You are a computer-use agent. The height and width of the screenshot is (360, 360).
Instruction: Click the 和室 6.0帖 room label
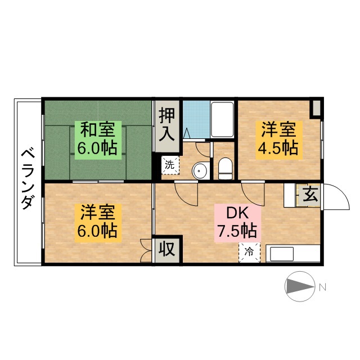98,140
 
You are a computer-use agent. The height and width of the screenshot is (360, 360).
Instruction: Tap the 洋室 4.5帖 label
279,140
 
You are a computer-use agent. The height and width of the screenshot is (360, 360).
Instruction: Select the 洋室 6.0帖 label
98,223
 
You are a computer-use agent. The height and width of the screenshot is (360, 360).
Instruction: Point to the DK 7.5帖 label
237,223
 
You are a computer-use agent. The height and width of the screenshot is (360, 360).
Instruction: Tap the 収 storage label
167,249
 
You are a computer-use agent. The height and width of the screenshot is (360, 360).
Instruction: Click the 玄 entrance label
310,195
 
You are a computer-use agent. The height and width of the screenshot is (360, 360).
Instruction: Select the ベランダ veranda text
28,179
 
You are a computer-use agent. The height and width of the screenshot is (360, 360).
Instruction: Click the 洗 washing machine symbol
170,165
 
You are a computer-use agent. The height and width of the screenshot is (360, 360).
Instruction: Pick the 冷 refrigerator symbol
250,253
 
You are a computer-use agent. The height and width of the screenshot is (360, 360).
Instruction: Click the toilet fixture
225,168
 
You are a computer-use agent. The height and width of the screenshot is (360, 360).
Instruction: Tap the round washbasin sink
200,170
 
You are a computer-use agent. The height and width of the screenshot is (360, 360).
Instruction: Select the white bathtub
222,120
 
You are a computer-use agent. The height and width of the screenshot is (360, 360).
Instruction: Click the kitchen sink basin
282,254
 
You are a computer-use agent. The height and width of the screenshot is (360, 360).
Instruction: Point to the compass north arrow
300,286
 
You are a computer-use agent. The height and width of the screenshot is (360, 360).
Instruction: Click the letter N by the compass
322,287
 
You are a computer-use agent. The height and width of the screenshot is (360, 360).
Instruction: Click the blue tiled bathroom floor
196,119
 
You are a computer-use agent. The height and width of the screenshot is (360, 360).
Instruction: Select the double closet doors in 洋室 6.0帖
146,250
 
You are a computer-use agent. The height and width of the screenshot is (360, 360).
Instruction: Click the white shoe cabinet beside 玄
290,195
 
